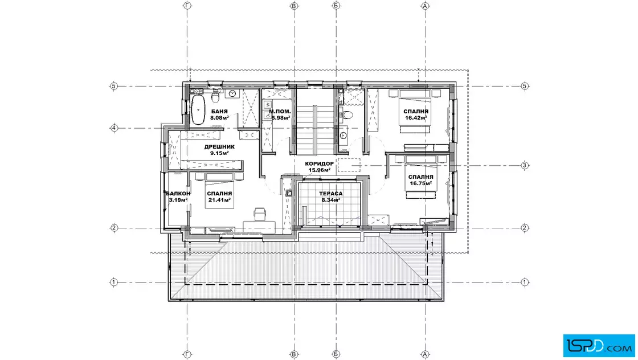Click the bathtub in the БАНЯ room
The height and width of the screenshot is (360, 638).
click(198, 110)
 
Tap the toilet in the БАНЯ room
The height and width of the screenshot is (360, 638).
click(216, 98)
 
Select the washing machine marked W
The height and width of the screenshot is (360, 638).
click(268, 105)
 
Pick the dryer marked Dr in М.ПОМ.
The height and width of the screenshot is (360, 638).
click(268, 115)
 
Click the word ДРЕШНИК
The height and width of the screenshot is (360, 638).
click(219, 147)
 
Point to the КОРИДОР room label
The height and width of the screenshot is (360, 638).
click(320, 164)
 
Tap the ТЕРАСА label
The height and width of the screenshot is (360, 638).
click(331, 194)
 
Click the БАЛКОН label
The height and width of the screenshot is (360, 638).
click(178, 194)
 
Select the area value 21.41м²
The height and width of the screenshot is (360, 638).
click(219, 200)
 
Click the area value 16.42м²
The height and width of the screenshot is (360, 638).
click(416, 118)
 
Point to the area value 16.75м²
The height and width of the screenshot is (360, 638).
click(421, 183)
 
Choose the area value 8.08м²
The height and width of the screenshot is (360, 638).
click(219, 118)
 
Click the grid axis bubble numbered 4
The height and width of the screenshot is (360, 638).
click(114, 128)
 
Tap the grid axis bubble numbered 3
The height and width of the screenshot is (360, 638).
click(525, 166)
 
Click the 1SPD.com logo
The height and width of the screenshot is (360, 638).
click(599, 346)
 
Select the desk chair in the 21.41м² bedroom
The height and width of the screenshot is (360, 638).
click(260, 213)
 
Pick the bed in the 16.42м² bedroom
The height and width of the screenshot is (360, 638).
click(415, 111)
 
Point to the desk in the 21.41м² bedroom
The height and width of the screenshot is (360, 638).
click(259, 226)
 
